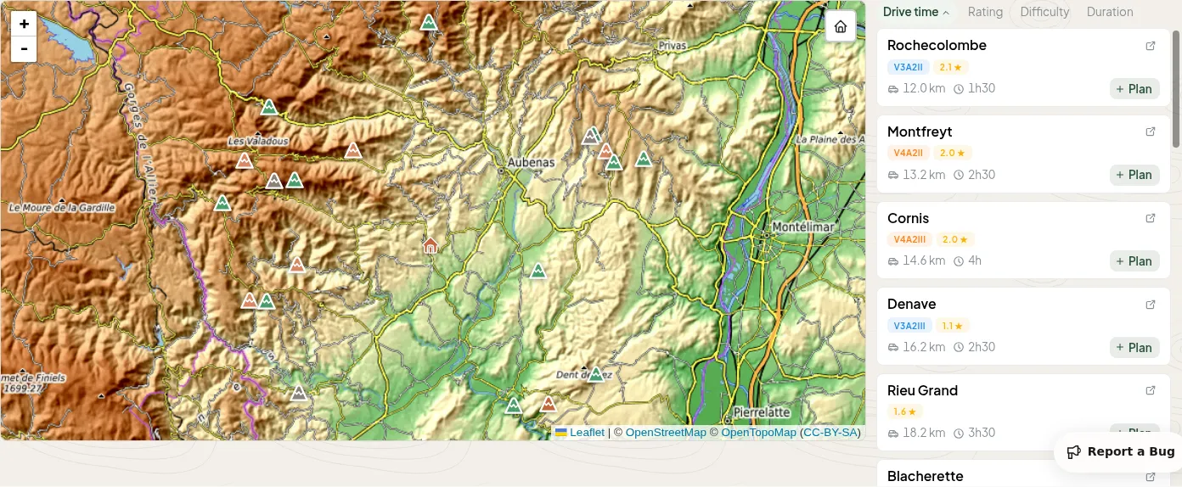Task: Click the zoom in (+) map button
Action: pyautogui.click(x=24, y=24)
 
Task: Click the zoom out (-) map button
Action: pyautogui.click(x=24, y=49)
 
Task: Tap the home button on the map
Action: pyautogui.click(x=840, y=26)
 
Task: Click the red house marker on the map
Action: pyautogui.click(x=431, y=245)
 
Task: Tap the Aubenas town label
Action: pyautogui.click(x=531, y=162)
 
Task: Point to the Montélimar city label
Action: pyautogui.click(x=803, y=227)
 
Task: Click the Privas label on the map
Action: pyautogui.click(x=672, y=45)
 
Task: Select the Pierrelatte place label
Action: pyautogui.click(x=762, y=412)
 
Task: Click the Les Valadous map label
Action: pyautogui.click(x=258, y=141)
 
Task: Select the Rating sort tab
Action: pyautogui.click(x=985, y=12)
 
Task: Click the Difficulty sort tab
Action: pyautogui.click(x=1044, y=12)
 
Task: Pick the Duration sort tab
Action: pyautogui.click(x=1110, y=12)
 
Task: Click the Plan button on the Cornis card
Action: pyautogui.click(x=1134, y=261)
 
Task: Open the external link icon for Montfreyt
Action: pyautogui.click(x=1151, y=132)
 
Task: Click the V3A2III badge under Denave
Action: pyautogui.click(x=909, y=326)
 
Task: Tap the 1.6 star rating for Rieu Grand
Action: pyautogui.click(x=904, y=411)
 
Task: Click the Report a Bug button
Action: pyautogui.click(x=1120, y=451)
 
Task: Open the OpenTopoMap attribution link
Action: pyautogui.click(x=758, y=433)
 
